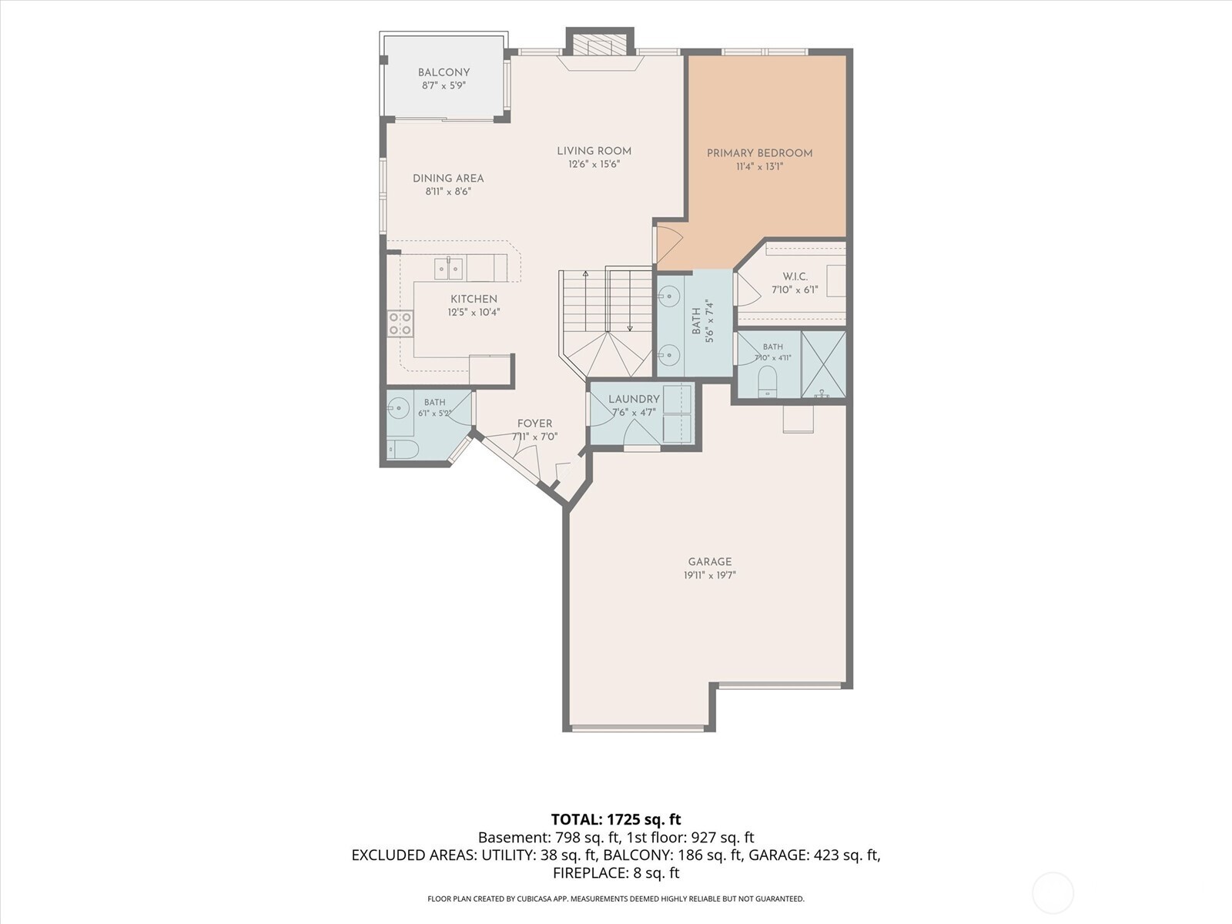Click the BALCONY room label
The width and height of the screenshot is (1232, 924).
point(444,72)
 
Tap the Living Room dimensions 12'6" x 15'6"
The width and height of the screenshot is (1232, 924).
point(594,164)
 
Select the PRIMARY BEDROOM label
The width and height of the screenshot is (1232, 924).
point(759,153)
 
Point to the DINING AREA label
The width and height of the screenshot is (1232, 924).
point(448,179)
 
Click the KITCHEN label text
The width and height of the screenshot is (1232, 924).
point(474,299)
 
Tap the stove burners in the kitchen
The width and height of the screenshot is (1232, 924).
point(400,323)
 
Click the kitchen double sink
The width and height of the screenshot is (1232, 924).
point(448,269)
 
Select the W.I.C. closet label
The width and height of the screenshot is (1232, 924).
point(795,276)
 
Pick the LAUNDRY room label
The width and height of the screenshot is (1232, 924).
point(634,399)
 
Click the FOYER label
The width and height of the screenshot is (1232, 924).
point(534,423)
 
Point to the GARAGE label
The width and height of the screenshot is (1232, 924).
point(709,561)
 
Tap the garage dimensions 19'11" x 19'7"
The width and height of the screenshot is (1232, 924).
point(709,575)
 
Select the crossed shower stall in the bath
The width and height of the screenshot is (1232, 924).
point(823,365)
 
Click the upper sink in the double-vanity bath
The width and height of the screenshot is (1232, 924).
point(669,294)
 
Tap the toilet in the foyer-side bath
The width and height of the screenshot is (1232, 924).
point(403,450)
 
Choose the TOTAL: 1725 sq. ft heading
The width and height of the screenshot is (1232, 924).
point(616,819)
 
